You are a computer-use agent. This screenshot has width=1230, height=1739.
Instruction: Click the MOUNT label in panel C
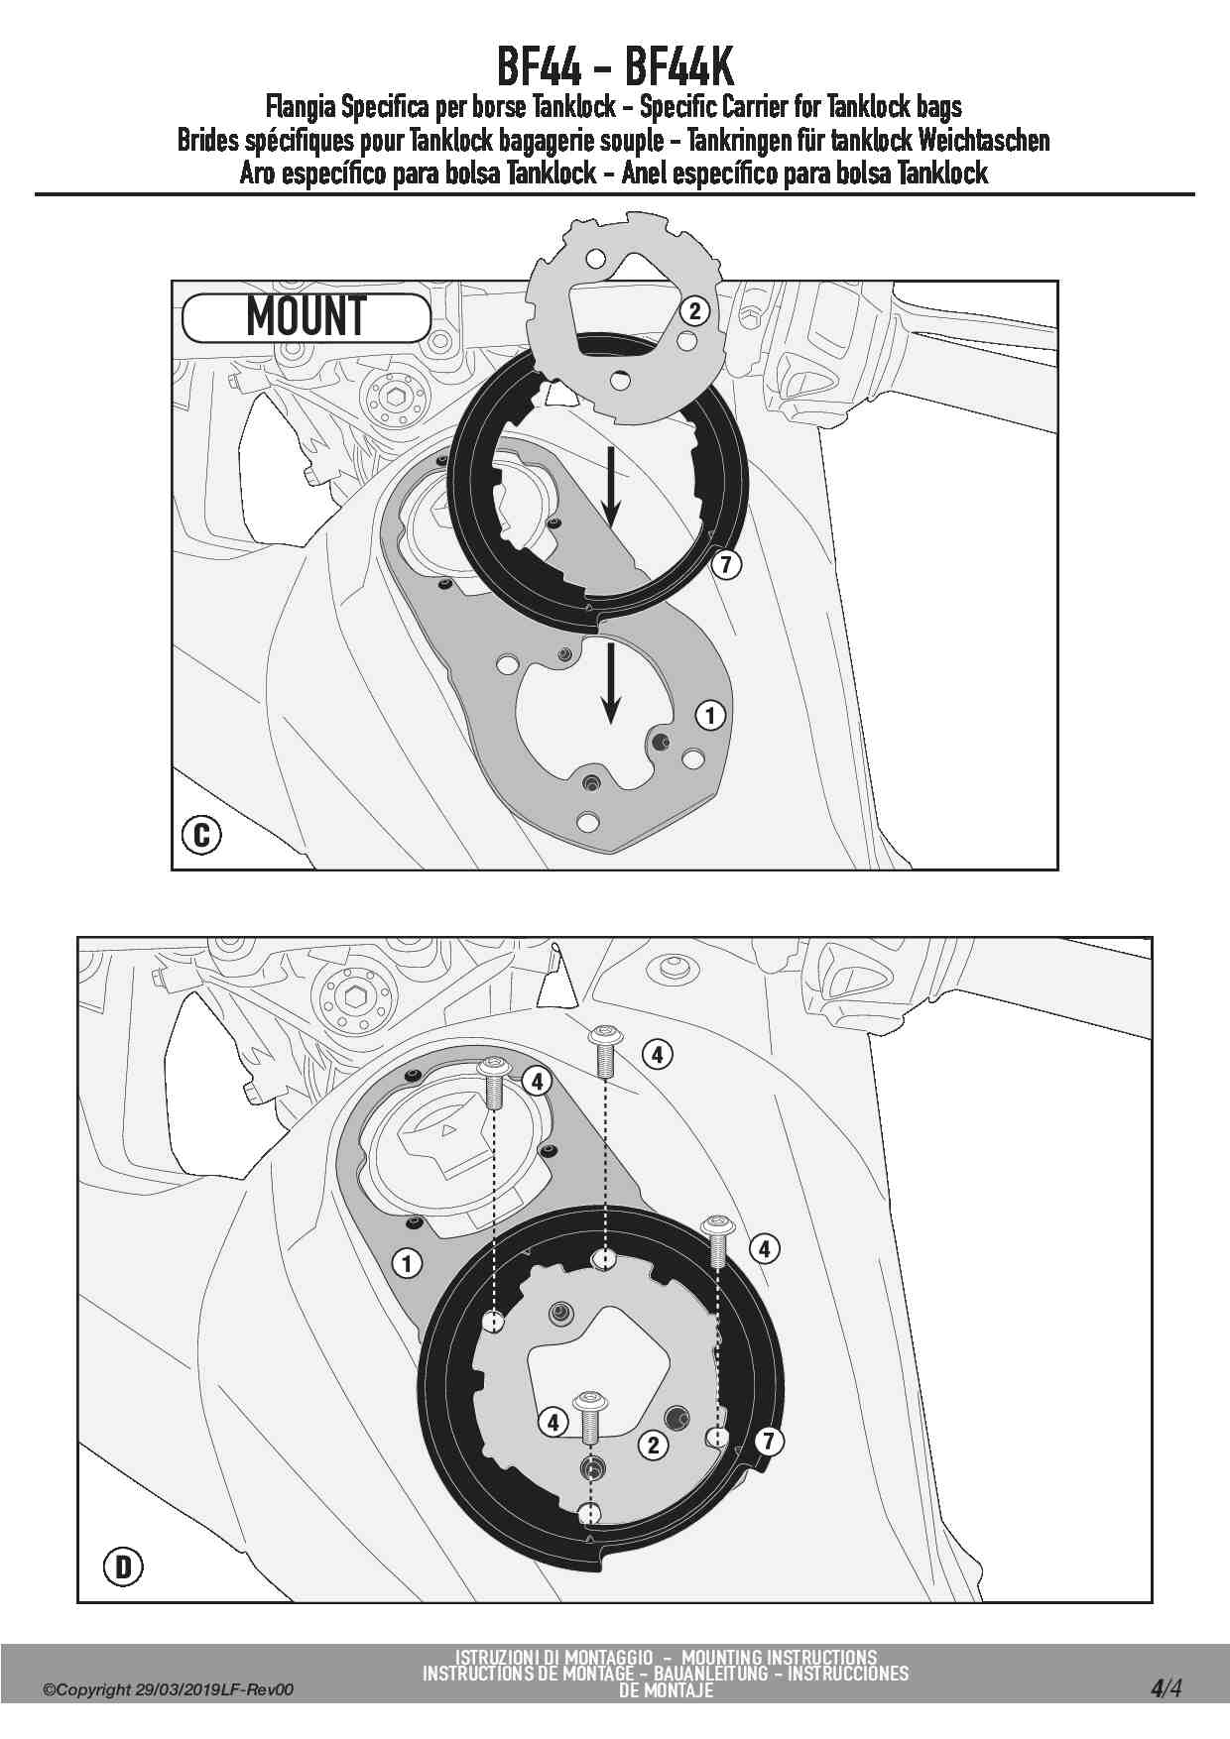click(x=307, y=317)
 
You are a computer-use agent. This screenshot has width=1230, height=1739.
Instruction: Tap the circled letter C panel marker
click(x=202, y=834)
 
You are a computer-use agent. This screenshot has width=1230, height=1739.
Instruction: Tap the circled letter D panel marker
click(x=124, y=1566)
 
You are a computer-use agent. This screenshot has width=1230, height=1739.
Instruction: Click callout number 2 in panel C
click(x=694, y=311)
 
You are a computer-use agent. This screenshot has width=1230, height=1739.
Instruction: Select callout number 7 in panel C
click(x=727, y=565)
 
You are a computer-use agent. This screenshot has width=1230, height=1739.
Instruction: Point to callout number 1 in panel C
click(x=709, y=715)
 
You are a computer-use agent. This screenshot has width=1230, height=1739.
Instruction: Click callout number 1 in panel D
click(x=407, y=1263)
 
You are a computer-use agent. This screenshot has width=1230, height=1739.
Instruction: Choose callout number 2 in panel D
click(x=653, y=1445)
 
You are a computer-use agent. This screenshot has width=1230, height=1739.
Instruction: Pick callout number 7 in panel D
click(x=768, y=1441)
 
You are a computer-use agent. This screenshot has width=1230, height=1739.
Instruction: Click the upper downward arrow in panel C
click(x=611, y=488)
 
